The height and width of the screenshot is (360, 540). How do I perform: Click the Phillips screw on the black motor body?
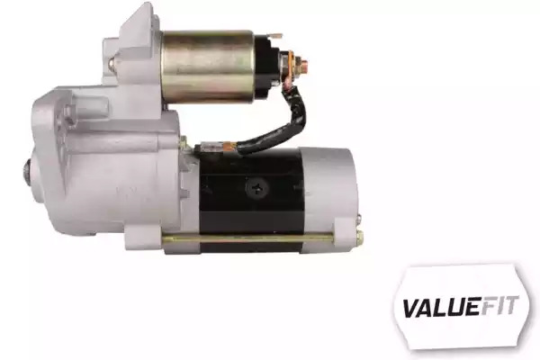pos(256,187)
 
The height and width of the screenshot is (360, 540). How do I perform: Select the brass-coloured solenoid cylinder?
pos(208,67)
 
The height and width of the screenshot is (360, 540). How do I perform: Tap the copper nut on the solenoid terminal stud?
pos(303,64)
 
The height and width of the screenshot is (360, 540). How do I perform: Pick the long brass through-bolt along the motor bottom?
pos(248,238)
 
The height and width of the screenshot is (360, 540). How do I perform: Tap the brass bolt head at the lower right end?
pos(359,237)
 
